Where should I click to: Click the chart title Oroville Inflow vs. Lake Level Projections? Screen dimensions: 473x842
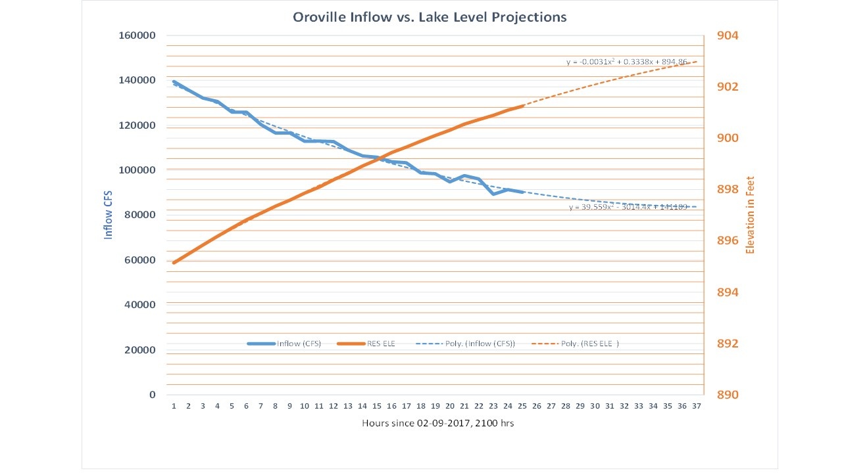click(x=430, y=17)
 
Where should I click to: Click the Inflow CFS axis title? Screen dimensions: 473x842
click(x=109, y=215)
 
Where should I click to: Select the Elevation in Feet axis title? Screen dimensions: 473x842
click(x=749, y=215)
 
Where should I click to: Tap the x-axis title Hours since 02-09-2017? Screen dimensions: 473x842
click(x=437, y=423)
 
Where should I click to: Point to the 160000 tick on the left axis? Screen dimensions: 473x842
click(x=137, y=35)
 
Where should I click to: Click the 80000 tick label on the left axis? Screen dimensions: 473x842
click(x=139, y=215)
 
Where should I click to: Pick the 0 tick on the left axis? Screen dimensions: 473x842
click(x=152, y=395)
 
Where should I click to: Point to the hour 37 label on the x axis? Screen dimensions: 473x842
click(x=697, y=406)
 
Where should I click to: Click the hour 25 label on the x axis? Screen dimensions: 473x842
click(x=522, y=406)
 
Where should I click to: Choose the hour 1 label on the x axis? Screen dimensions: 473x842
click(x=174, y=406)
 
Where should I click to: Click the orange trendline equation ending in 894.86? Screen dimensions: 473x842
click(x=627, y=62)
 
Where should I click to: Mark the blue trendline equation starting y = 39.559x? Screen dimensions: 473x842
click(x=628, y=207)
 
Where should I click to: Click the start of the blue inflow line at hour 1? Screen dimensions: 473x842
click(x=174, y=81)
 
